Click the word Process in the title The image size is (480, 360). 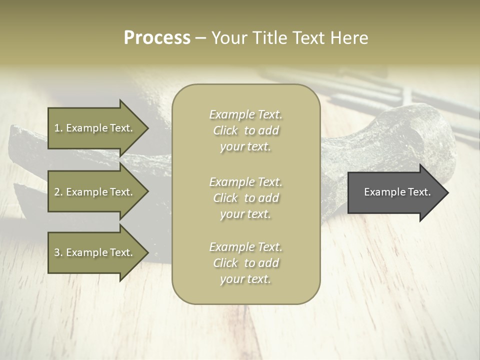pyautogui.click(x=157, y=38)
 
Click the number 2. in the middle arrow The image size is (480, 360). pyautogui.click(x=58, y=192)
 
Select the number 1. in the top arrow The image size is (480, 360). pyautogui.click(x=58, y=128)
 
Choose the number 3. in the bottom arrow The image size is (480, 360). pyautogui.click(x=58, y=252)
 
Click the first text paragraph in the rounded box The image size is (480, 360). pyautogui.click(x=245, y=130)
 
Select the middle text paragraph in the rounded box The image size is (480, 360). pyautogui.click(x=245, y=198)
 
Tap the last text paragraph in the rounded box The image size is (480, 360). pyautogui.click(x=245, y=263)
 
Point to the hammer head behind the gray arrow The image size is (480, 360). pyautogui.click(x=400, y=135)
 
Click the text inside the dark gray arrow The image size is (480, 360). pyautogui.click(x=397, y=192)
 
